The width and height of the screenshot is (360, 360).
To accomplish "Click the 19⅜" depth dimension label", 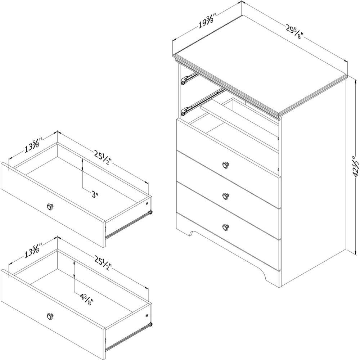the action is point(206,21).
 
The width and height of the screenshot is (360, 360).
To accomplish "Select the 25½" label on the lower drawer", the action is point(103,263).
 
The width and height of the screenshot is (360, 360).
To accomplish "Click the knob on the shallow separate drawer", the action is point(50,207).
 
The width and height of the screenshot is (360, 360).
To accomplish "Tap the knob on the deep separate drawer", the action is point(50,316).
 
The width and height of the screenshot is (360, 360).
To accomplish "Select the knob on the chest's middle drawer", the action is point(226,196).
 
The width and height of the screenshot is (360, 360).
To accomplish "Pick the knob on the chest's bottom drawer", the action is point(226,227).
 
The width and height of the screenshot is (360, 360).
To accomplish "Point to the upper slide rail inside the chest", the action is point(189,78).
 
